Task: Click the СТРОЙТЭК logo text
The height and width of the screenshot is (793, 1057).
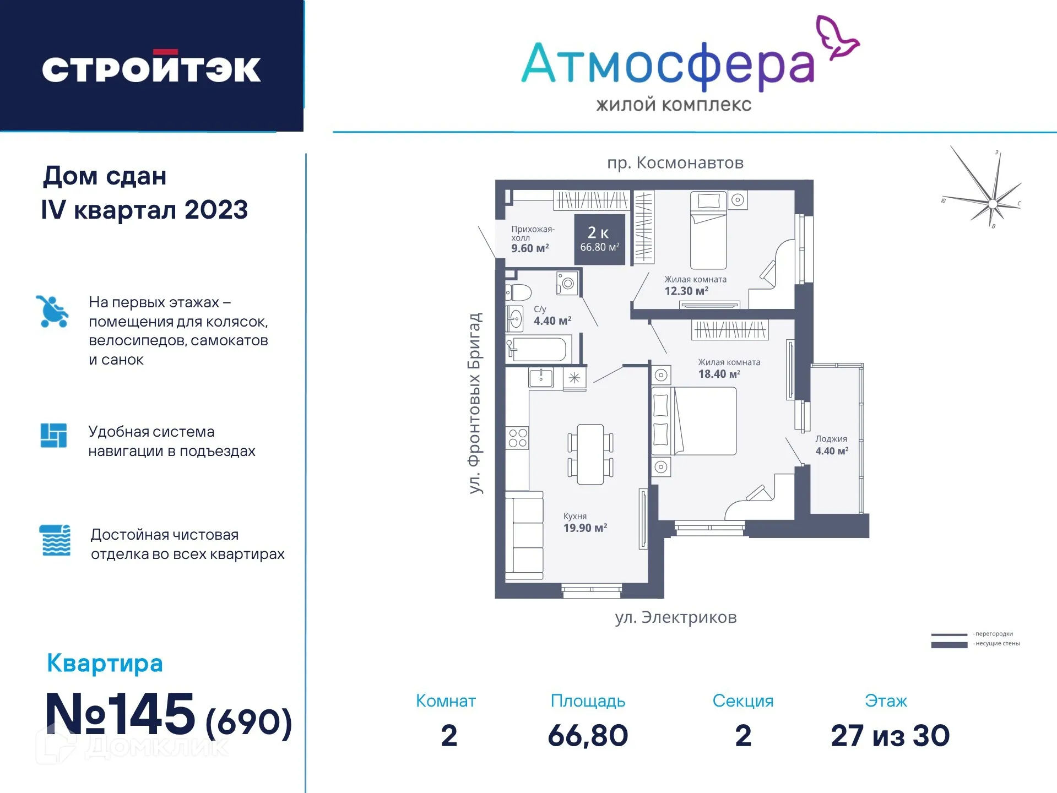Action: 151,68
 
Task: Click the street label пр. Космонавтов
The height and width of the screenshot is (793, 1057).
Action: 675,163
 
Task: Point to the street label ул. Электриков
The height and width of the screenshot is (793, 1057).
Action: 676,617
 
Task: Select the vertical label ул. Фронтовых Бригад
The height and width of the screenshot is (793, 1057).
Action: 475,403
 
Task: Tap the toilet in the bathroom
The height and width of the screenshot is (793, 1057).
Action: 518,292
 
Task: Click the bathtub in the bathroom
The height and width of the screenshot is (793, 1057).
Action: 538,350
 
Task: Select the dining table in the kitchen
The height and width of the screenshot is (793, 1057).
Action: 590,454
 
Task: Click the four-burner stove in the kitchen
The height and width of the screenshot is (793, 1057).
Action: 518,438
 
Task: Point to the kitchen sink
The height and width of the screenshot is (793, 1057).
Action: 541,378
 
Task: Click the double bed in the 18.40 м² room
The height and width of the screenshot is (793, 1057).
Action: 695,421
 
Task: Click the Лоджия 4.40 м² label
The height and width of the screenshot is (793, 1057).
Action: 832,445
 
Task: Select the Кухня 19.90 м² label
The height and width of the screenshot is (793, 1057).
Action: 584,523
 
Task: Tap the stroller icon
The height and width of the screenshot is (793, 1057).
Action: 52,311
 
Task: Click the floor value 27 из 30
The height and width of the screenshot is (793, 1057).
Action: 890,736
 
